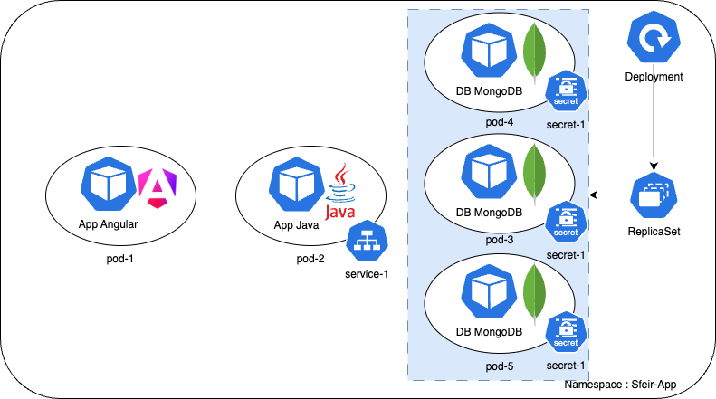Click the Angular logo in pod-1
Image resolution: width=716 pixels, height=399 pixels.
click(155, 187)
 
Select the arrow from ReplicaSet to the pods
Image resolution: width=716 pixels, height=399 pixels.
click(610, 195)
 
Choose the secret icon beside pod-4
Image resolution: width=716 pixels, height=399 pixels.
click(566, 90)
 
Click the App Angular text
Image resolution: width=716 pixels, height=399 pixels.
click(109, 224)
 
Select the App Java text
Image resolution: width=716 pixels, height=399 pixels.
click(296, 225)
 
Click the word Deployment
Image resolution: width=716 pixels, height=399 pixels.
click(653, 78)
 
